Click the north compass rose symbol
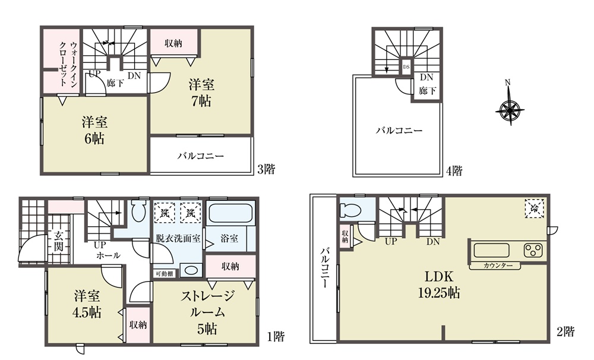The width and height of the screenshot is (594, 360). point(510,110)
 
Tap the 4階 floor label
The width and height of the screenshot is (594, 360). point(454,171)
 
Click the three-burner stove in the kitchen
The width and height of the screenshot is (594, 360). point(534,250)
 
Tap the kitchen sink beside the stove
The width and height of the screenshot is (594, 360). point(491,251)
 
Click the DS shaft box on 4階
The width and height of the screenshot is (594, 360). point(406,67)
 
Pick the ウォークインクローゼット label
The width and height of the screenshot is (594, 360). point(68,63)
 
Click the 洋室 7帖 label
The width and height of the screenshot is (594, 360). point(201,93)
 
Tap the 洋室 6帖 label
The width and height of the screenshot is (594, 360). point(94,130)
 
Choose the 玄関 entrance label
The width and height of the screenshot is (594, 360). point(58,241)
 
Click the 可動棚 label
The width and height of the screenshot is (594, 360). point(165,274)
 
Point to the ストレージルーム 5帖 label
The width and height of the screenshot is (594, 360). point(207,312)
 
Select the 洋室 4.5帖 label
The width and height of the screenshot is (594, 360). point(87,304)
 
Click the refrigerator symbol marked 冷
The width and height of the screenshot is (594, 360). point(535,208)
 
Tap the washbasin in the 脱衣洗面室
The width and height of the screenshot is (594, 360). point(190,270)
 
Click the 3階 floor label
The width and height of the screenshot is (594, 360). point(266,169)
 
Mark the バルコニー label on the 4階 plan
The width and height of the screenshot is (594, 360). point(399,131)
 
